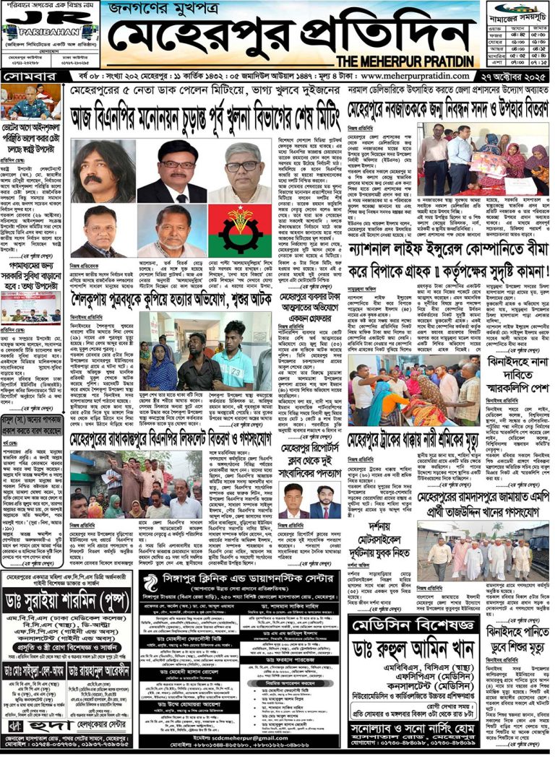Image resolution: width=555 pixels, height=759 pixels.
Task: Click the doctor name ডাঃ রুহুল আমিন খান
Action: (x=412, y=650)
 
